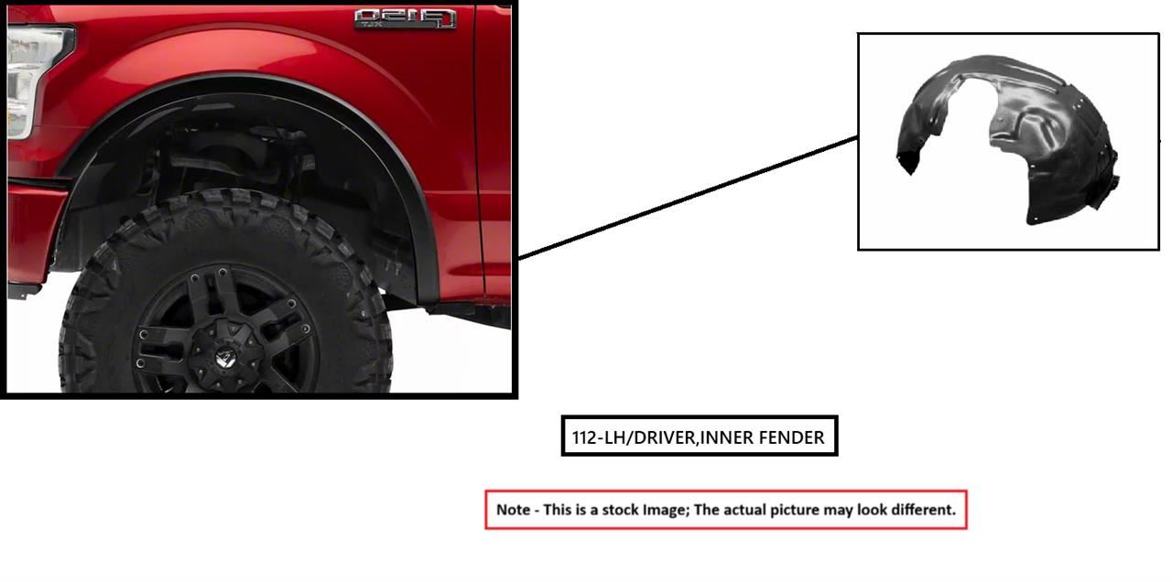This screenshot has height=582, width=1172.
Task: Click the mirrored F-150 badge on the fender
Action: click(x=405, y=19)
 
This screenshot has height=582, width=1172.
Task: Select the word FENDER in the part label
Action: click(x=791, y=437)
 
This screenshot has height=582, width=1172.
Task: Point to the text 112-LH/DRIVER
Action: click(x=635, y=437)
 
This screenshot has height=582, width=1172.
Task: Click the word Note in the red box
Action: click(x=513, y=510)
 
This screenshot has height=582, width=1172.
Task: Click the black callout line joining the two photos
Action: click(x=688, y=198)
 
